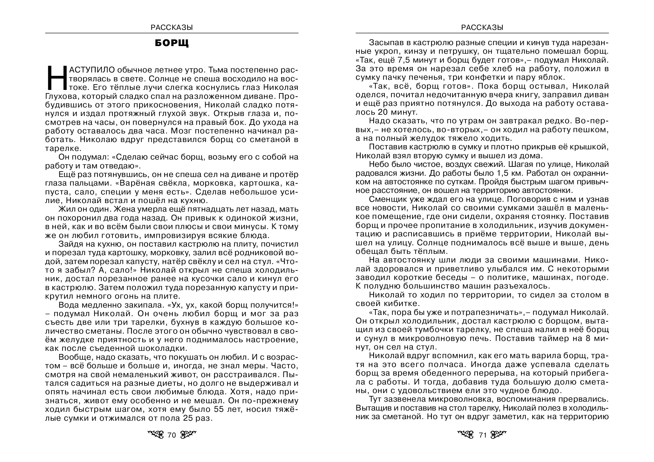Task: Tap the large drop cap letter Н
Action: pos(55,78)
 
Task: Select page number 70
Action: pos(172,435)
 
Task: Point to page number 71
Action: pos(482,435)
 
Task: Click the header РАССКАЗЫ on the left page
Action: pos(172,28)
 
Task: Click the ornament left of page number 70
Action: pos(156,434)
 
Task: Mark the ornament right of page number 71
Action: pos(499,434)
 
